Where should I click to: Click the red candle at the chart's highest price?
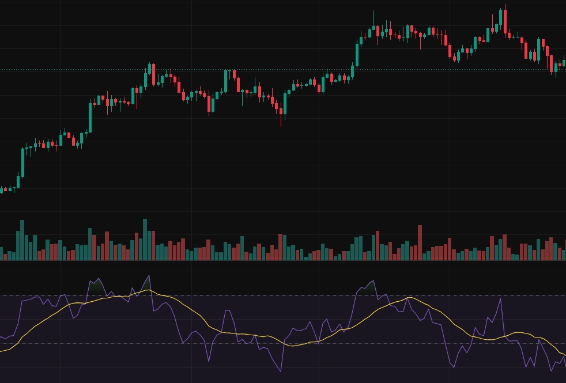[505, 21]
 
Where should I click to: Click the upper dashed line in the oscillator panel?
[288, 295]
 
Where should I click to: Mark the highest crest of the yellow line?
[148, 290]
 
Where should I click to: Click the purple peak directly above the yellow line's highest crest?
[149, 276]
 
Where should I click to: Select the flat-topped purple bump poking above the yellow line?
[227, 311]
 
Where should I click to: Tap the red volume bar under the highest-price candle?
[504, 247]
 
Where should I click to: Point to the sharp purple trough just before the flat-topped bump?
[209, 361]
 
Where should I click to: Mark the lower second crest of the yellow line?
[409, 297]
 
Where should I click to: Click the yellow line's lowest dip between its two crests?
[293, 346]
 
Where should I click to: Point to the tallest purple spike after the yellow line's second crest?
[500, 299]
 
